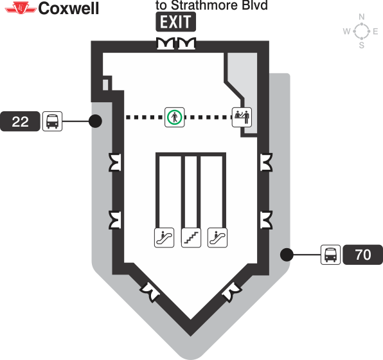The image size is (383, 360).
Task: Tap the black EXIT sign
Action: tap(175, 22)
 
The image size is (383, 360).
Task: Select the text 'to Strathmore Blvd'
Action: tap(212, 6)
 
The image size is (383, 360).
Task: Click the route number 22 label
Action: tap(21, 121)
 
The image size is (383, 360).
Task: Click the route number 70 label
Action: tap(362, 255)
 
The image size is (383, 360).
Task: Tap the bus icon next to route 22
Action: tap(52, 121)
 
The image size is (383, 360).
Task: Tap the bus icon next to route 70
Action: tap(330, 255)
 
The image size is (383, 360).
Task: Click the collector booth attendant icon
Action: tap(242, 117)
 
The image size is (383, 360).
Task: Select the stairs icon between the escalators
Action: tap(191, 238)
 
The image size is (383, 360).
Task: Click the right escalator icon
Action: tap(218, 238)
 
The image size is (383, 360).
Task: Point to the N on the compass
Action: tap(362, 17)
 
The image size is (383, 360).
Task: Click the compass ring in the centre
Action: tap(362, 31)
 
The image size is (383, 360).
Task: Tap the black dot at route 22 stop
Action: tap(95, 121)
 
